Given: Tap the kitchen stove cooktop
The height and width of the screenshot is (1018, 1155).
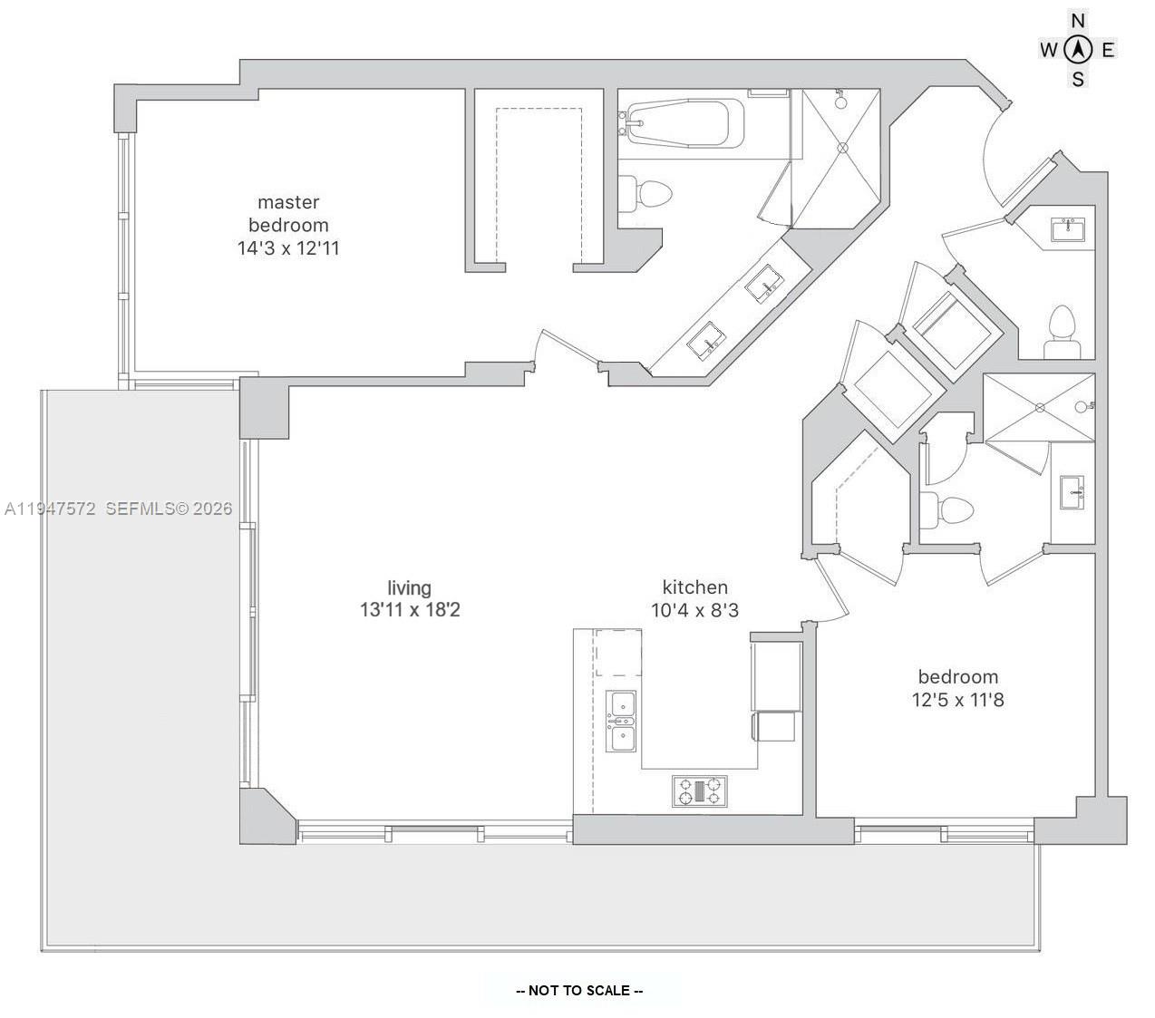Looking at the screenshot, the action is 700,791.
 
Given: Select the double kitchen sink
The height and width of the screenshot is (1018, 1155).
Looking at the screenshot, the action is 620,721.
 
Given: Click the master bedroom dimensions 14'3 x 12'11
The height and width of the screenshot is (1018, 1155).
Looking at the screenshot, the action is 288,248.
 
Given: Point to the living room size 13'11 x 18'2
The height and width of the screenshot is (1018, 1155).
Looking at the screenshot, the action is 410,610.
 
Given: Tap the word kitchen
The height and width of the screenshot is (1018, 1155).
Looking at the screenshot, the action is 695,587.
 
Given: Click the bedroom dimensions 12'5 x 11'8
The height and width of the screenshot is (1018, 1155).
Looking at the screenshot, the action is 957,700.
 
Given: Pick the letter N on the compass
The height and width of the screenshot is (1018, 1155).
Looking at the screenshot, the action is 1077,21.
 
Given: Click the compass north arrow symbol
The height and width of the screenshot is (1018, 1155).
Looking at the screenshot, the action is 1077,50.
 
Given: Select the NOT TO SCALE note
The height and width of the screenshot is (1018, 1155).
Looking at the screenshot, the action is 579,990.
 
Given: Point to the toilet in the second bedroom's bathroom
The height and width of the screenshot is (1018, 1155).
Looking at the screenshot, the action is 946,510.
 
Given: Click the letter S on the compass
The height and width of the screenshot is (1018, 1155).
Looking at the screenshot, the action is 1077,79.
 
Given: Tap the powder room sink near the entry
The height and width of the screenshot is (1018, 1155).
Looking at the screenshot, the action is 1068,229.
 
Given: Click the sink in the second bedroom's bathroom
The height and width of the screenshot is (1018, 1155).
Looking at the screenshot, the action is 1072,492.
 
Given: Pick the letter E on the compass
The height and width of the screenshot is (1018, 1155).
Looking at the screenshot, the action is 1108,50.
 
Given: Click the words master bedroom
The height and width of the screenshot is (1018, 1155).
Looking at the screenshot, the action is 288,213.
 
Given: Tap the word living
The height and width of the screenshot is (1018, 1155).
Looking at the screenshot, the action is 409,587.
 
